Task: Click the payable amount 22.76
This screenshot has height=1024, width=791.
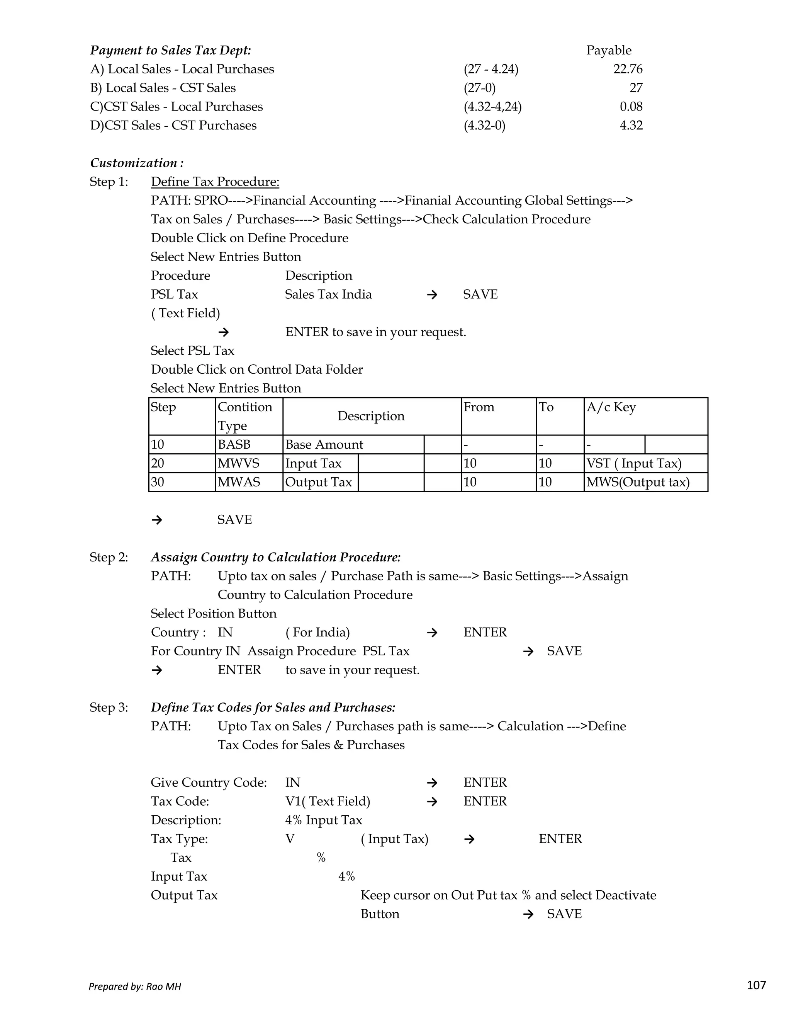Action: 628,70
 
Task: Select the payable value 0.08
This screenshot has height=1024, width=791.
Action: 631,107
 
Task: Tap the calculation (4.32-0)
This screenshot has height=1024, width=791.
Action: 485,126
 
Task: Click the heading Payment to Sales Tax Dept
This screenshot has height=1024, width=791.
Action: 171,50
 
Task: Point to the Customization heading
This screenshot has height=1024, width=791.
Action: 137,163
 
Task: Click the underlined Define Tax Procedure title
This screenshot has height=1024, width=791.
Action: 215,182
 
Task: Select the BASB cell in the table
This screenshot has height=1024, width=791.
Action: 234,444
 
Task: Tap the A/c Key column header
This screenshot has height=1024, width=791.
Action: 611,407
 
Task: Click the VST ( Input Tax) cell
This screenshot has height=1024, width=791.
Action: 633,463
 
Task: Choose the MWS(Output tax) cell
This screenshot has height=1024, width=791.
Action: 638,482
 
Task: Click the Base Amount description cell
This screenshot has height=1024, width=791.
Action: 324,444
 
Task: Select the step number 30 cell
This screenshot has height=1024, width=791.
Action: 158,482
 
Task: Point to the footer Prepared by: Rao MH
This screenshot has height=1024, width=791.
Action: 135,987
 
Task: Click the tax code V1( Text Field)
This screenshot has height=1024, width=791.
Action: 328,801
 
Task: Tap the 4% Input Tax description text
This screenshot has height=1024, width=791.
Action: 324,820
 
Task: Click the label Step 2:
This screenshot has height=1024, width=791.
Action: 109,558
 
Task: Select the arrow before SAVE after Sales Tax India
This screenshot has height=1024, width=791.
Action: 432,294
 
